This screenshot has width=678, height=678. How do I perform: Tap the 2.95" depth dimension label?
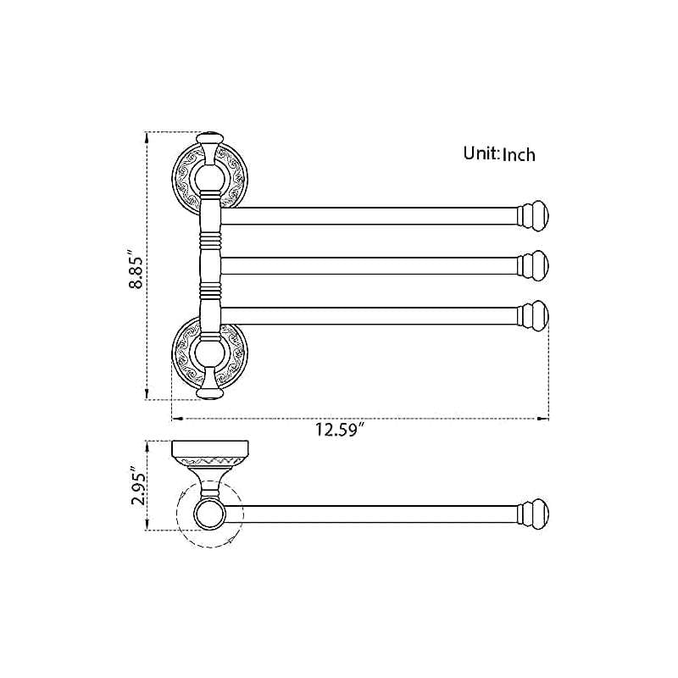(x=134, y=485)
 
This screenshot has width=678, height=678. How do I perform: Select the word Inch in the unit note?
(x=519, y=154)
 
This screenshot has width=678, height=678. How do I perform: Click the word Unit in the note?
(x=480, y=153)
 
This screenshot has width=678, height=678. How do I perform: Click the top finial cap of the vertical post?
(x=209, y=139)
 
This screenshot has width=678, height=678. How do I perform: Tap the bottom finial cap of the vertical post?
(x=209, y=392)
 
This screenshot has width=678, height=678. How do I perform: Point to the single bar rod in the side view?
(x=373, y=514)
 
